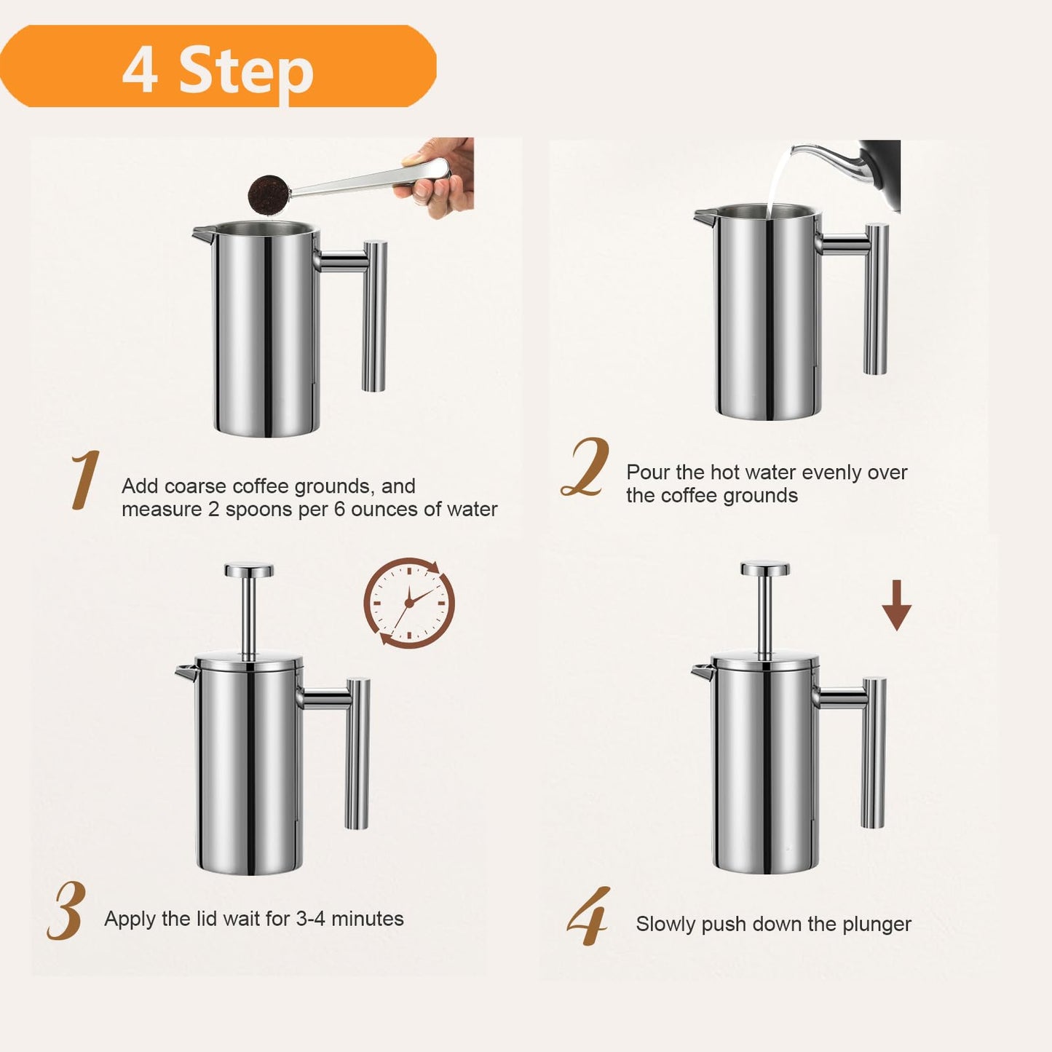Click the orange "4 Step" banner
218,67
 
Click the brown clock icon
409,603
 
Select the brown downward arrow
897,605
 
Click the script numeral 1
85,480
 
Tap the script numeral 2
587,468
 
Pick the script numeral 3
68,911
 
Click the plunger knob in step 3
249,570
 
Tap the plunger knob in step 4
765,568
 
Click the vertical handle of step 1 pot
374,316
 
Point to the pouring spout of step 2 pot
704,216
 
